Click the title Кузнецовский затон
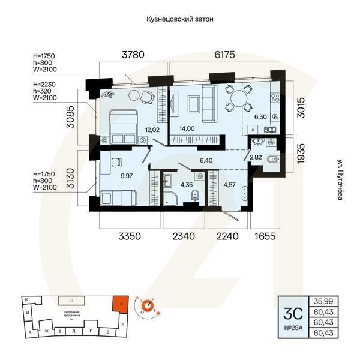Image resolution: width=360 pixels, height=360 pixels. click(x=180, y=19)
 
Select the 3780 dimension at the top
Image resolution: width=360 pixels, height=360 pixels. click(x=133, y=55)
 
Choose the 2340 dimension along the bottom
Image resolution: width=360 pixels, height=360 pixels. click(x=184, y=236)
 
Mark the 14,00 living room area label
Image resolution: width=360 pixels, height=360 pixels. click(x=187, y=128)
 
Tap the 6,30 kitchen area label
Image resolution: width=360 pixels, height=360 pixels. click(x=260, y=118)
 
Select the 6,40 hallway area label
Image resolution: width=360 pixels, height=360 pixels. click(x=206, y=160)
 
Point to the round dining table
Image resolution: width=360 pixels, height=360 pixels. click(x=238, y=97)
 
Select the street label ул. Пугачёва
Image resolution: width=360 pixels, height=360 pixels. click(x=340, y=181)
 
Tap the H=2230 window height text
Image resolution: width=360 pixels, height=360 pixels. click(x=44, y=84)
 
